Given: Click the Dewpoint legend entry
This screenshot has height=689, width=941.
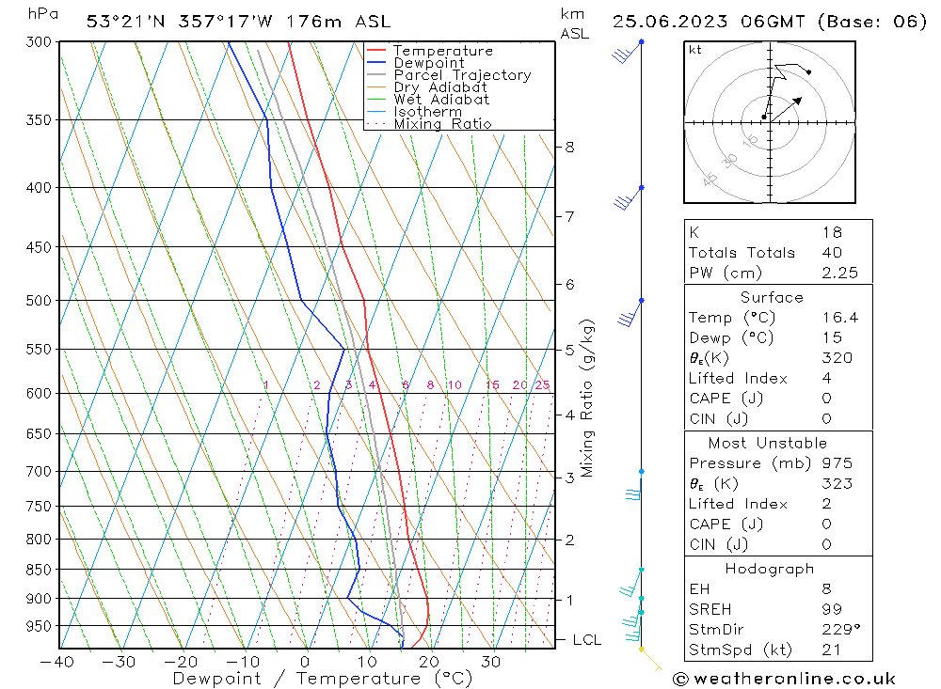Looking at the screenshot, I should (428, 63).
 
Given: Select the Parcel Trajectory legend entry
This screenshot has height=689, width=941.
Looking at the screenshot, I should (462, 75).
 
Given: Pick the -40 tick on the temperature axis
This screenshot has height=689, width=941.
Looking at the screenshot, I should (57, 661).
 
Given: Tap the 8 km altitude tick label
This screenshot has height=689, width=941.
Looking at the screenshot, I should (569, 147).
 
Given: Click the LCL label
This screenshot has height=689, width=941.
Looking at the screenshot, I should (586, 640).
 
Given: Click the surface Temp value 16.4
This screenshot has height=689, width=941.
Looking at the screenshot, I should (839, 318).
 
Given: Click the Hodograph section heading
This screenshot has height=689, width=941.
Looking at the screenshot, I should (770, 569).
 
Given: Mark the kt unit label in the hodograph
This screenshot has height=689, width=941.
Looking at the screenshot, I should (695, 51).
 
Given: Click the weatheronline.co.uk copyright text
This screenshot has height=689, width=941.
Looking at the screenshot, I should (784, 678).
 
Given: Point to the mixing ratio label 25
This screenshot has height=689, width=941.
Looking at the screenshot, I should (542, 385).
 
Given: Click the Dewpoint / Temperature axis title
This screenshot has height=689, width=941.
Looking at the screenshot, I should (310, 678).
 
